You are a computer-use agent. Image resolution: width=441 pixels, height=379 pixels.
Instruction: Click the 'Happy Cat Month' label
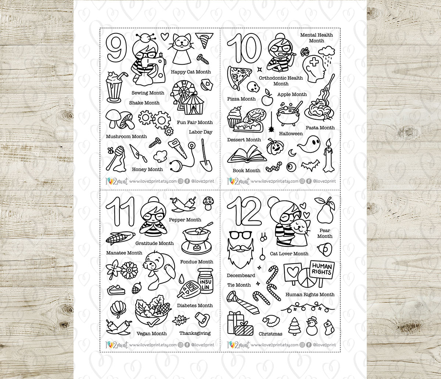[191, 72]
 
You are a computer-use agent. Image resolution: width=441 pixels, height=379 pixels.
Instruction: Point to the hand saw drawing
[178, 149]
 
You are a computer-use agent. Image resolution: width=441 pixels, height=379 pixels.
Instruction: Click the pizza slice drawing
[238, 76]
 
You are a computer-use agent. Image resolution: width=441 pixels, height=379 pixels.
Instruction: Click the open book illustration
[246, 155]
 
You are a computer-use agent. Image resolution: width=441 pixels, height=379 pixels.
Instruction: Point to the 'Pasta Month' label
[320, 128]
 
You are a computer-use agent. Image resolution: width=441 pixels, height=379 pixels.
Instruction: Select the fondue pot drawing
[196, 241]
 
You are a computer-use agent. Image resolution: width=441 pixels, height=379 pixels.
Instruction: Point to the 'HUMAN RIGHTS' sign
[322, 270]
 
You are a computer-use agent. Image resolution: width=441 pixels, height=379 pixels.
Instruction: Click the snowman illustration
[312, 326]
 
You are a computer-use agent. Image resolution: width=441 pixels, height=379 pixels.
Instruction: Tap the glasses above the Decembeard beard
[240, 234]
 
